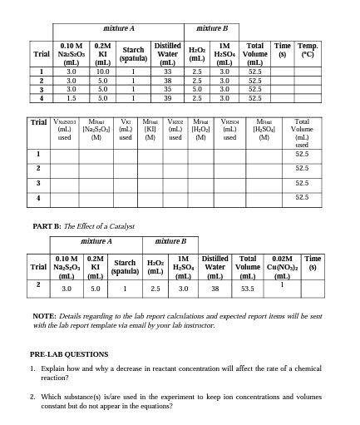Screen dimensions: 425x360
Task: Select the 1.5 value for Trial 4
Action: point(71,97)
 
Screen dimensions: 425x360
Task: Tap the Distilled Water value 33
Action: point(167,72)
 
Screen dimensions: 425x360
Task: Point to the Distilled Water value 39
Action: point(167,97)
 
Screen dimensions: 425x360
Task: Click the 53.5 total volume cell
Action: point(247,288)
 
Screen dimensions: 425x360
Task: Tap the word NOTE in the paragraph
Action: point(44,316)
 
